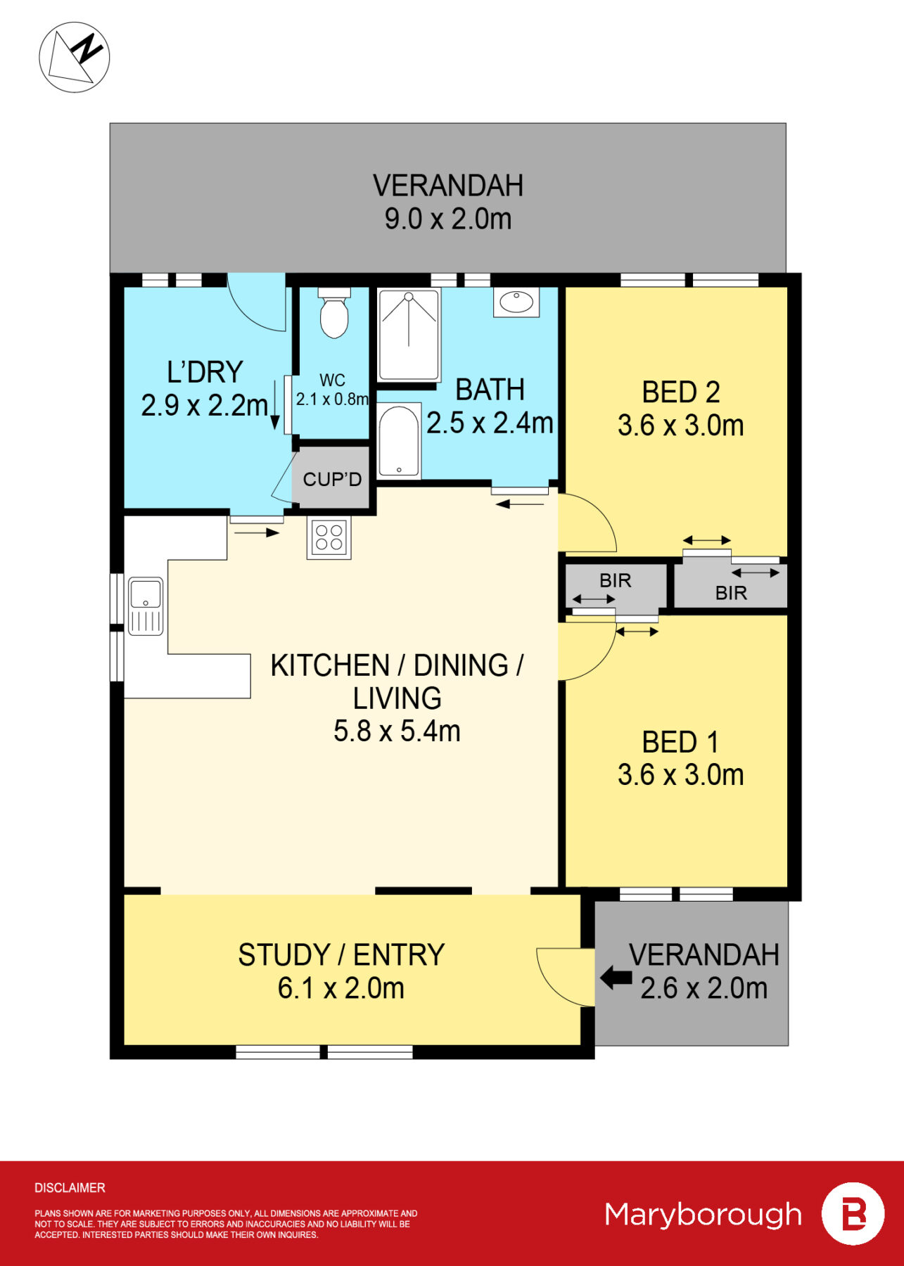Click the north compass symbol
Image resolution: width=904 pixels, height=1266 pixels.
[75, 57]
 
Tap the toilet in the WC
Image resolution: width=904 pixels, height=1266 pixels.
[334, 314]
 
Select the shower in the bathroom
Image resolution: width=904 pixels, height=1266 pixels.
[409, 334]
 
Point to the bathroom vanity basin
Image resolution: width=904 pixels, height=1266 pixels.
[516, 302]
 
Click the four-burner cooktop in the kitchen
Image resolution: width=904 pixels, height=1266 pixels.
[329, 539]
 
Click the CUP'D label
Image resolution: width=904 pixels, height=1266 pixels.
[332, 480]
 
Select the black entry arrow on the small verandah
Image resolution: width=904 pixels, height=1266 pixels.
[616, 977]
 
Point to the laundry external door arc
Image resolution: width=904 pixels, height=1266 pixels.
[257, 304]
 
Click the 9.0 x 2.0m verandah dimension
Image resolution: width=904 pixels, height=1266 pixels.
[447, 219]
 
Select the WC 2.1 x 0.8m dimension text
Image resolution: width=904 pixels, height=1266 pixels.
[332, 399]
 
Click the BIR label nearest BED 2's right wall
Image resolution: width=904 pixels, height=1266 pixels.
[731, 593]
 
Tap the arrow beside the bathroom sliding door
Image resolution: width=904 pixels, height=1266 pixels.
[521, 504]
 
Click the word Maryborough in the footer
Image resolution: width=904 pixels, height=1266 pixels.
[703, 1215]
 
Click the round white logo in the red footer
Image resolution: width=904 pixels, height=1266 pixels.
[853, 1214]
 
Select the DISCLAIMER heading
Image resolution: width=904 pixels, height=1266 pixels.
[70, 1188]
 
